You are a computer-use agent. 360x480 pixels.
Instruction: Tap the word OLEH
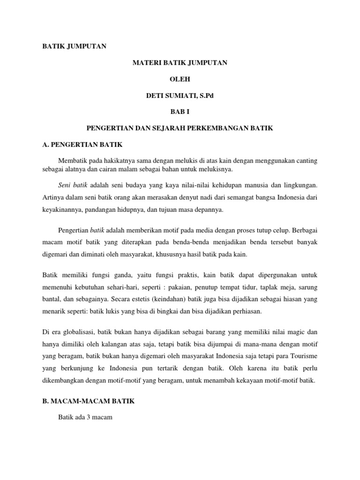click(x=180, y=79)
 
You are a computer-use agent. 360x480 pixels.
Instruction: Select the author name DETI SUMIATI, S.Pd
click(x=180, y=96)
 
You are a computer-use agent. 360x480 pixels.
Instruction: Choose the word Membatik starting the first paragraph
click(x=72, y=161)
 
